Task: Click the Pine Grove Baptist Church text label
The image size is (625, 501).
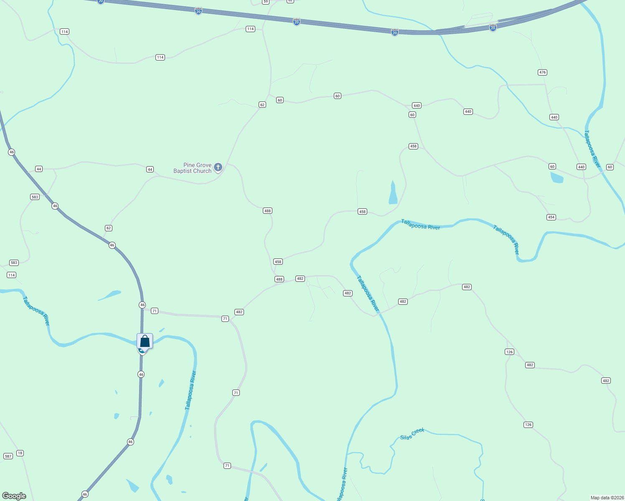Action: [193, 168]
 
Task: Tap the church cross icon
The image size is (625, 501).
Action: [218, 167]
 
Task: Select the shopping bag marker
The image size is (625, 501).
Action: [145, 341]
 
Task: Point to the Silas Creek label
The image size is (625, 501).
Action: [412, 434]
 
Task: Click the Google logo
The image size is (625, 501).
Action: [14, 496]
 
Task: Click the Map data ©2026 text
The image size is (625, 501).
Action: [607, 498]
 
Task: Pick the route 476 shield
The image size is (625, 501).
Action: [542, 72]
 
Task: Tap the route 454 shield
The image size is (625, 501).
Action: [551, 217]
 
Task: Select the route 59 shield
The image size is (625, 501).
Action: [265, 2]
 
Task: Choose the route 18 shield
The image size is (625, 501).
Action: [20, 453]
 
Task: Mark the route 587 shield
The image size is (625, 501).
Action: [8, 456]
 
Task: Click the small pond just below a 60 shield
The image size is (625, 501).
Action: [556, 178]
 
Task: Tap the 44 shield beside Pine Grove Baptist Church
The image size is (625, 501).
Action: [150, 169]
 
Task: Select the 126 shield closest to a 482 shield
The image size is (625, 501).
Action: [509, 352]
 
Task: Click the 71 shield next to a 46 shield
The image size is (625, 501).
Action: [155, 311]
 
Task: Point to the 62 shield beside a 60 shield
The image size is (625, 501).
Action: [262, 105]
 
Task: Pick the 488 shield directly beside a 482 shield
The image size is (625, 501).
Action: [279, 279]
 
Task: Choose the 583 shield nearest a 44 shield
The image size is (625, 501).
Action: [35, 197]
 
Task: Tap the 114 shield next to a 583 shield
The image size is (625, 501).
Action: [11, 275]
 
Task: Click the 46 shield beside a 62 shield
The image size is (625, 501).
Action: [112, 245]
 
